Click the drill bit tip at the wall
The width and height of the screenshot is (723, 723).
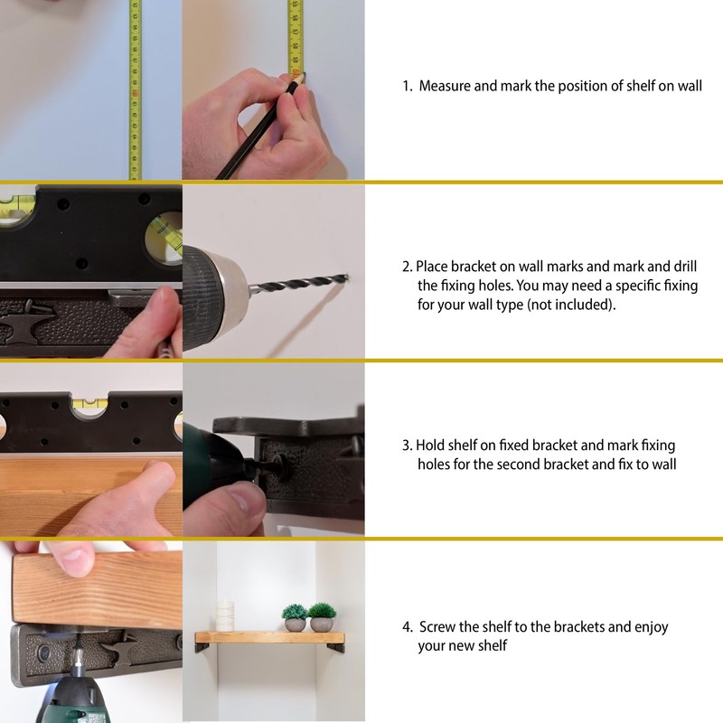point(347,277)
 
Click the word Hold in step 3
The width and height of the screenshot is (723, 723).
point(430,446)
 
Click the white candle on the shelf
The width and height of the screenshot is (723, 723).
point(225,615)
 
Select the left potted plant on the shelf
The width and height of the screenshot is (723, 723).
point(295,618)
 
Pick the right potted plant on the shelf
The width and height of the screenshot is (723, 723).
point(322,617)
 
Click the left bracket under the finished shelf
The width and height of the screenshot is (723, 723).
point(201,647)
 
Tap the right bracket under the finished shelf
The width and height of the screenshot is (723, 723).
point(340,647)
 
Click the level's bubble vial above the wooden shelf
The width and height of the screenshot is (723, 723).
point(89,404)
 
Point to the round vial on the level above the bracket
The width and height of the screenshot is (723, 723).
point(164,239)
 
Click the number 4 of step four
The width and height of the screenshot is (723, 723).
point(406,627)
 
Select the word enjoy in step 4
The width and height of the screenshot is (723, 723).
point(651,627)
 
